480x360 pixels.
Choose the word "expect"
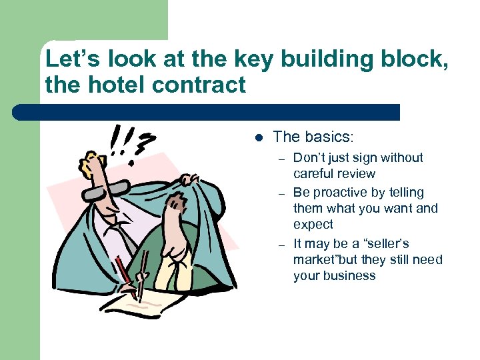pyautogui.click(x=313, y=225)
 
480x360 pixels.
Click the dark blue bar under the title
pyautogui.click(x=207, y=112)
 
